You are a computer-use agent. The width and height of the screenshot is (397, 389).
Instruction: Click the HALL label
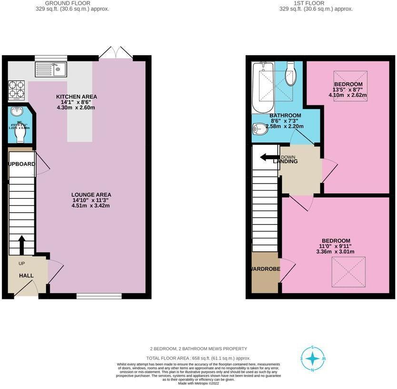click(x=26, y=276)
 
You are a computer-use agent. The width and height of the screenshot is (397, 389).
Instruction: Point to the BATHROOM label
click(x=285, y=115)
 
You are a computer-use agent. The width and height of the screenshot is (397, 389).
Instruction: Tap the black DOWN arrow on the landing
click(x=268, y=157)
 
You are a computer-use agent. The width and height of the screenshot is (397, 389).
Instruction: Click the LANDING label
click(x=285, y=162)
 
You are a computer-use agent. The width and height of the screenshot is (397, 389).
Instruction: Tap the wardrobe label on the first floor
click(x=266, y=268)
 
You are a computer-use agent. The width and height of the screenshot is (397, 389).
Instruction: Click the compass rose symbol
click(x=313, y=358)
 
